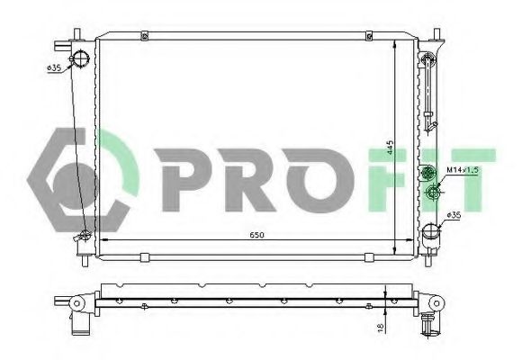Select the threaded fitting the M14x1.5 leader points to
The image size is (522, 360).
pos(434,190)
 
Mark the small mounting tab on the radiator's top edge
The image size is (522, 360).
pos(145,36)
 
